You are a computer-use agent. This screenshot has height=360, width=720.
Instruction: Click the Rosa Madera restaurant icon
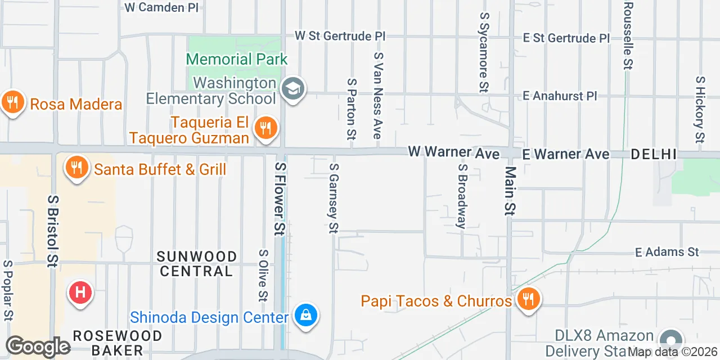point(11,103)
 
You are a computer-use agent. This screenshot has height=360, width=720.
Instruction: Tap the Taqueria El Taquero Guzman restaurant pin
point(265,128)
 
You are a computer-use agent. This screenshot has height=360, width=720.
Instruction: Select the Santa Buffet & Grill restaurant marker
point(76,168)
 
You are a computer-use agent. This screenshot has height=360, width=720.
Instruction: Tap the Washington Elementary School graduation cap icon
point(293,89)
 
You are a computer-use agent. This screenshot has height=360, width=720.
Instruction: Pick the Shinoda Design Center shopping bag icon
point(305,316)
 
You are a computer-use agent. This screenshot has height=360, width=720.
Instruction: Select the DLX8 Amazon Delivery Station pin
point(670,341)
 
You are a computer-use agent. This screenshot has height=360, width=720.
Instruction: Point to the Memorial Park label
point(236,59)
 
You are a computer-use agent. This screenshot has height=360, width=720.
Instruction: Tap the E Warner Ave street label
point(565,154)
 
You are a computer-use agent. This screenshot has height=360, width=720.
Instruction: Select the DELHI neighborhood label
point(653,154)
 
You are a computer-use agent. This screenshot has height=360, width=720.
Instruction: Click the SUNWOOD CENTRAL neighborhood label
point(196,264)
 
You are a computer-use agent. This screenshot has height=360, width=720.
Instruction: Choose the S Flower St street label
point(280,198)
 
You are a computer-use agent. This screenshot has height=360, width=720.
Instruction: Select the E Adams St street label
point(667,252)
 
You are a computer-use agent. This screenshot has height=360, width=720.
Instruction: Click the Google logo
point(38,346)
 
